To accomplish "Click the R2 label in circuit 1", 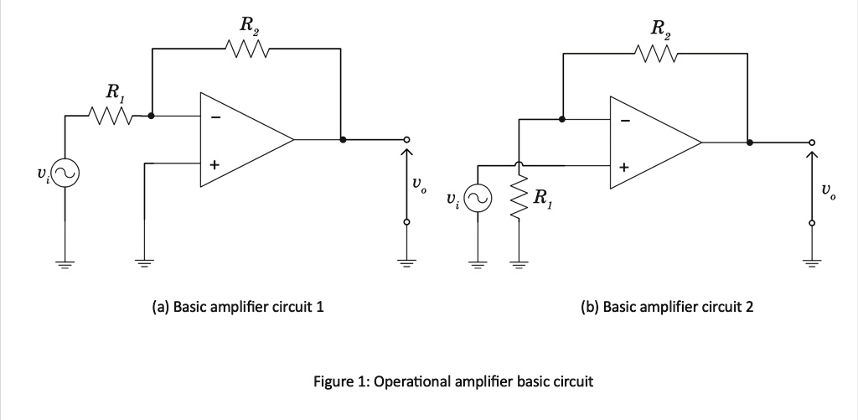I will [x=248, y=25].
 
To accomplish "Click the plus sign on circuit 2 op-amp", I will [x=624, y=168].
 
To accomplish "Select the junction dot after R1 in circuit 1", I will [x=152, y=116].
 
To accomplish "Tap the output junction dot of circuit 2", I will [x=750, y=143].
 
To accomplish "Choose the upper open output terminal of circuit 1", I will [x=406, y=140].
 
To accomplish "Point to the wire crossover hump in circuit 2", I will [x=519, y=165].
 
